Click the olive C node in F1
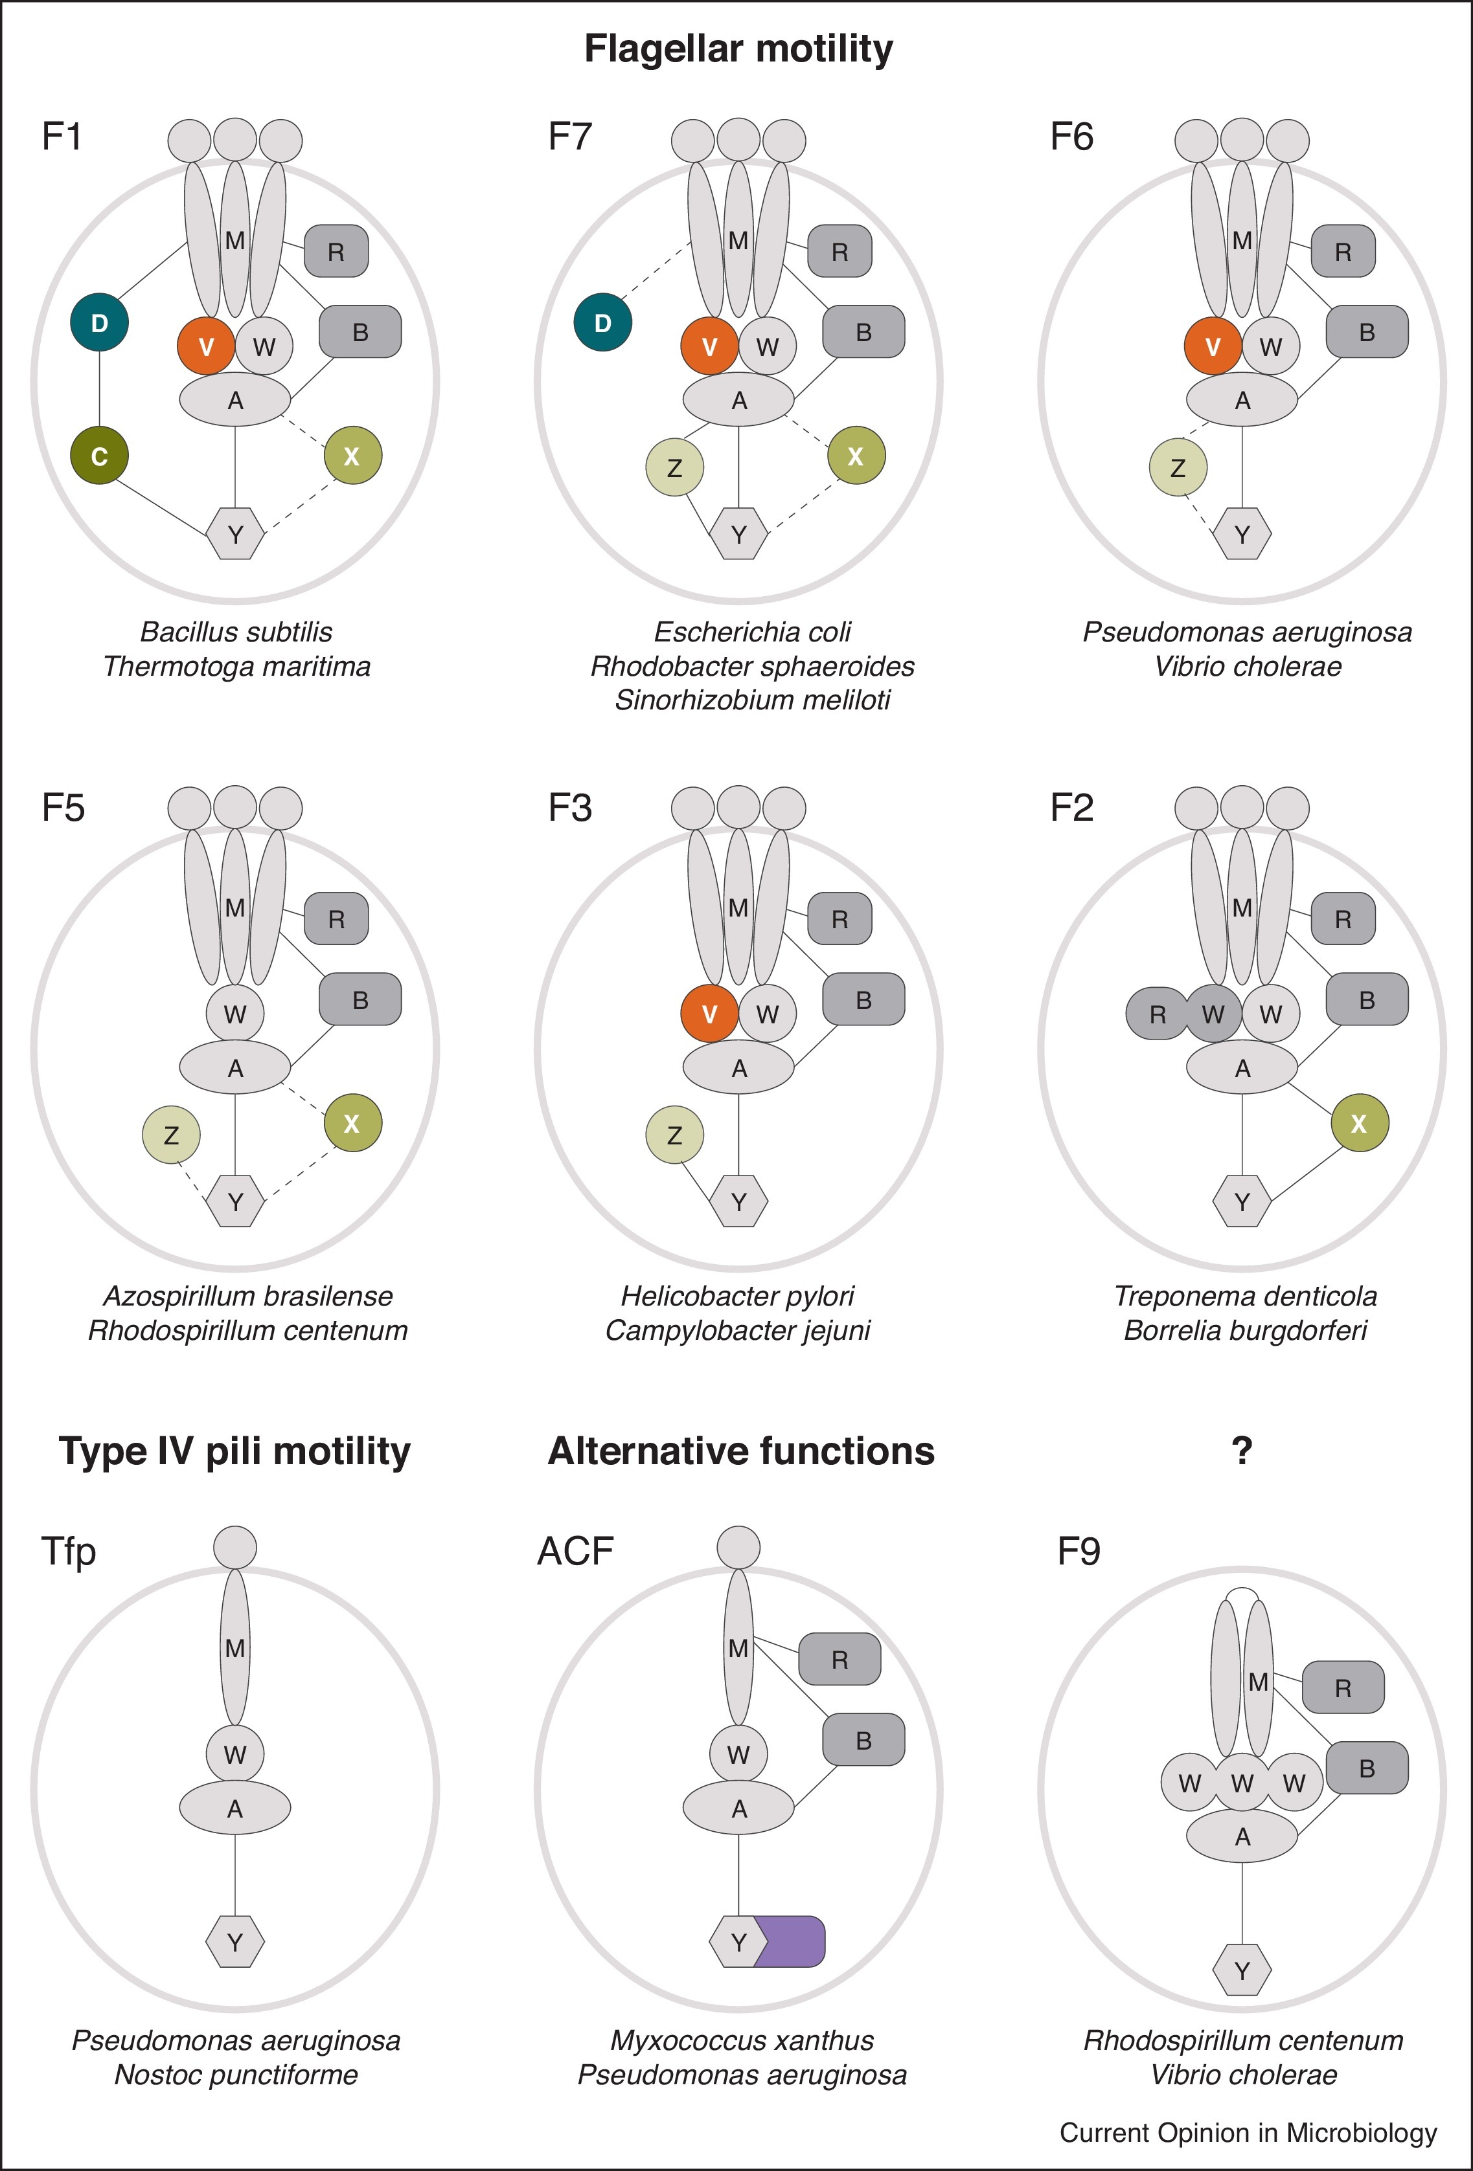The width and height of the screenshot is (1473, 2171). click(x=99, y=456)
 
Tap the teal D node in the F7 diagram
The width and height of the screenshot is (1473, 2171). click(x=603, y=322)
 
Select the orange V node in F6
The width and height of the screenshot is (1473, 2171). click(x=1212, y=346)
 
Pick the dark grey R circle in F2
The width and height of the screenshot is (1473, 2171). click(x=1156, y=1014)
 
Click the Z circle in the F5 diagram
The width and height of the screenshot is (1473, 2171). click(x=171, y=1135)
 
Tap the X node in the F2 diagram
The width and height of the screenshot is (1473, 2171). click(x=1359, y=1123)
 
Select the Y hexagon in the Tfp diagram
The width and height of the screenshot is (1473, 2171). click(x=234, y=1942)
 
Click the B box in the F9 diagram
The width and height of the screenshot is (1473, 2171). click(x=1367, y=1768)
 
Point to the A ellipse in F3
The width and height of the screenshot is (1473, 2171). click(x=738, y=1068)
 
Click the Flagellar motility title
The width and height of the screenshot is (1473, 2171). click(x=738, y=49)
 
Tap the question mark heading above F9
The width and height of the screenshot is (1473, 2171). click(x=1241, y=1451)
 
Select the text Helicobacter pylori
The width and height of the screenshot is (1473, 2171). click(x=737, y=1296)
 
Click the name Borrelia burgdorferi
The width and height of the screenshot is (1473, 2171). click(x=1245, y=1330)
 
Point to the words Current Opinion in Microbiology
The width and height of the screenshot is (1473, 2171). click(x=1248, y=2133)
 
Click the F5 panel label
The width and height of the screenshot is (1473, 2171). click(x=63, y=807)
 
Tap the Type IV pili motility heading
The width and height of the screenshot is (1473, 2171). click(x=234, y=1451)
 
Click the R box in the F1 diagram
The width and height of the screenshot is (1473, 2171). click(x=336, y=251)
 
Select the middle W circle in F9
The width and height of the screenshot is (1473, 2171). click(x=1241, y=1783)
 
